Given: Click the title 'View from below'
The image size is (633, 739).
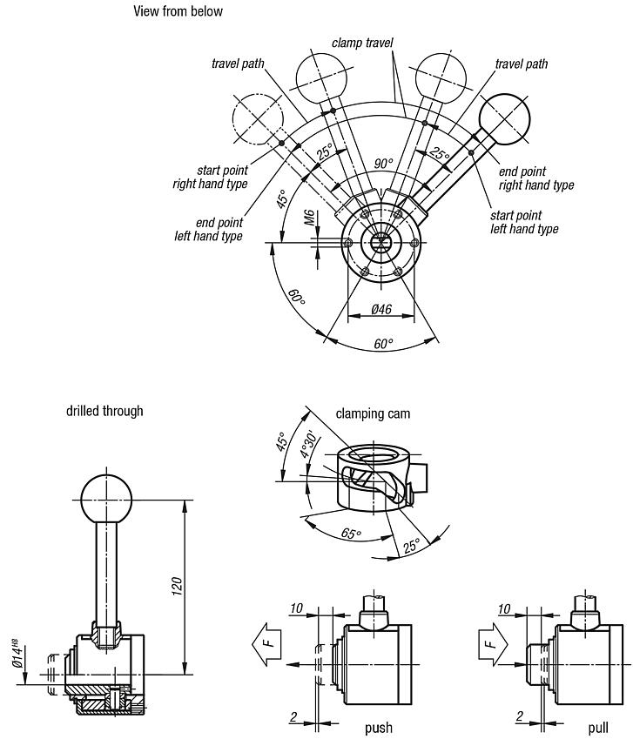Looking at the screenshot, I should click(x=178, y=11).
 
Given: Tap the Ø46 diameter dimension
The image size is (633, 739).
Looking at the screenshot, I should click(x=380, y=309).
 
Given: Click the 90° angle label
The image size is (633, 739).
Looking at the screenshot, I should click(x=384, y=164).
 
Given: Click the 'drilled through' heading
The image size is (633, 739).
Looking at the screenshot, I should click(x=104, y=410).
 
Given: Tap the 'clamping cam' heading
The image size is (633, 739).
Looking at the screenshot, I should click(x=373, y=413).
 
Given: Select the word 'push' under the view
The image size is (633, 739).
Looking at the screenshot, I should click(x=379, y=727).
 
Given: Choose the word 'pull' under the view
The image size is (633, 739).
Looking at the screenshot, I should click(x=598, y=727).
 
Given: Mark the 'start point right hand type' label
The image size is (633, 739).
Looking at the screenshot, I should click(x=210, y=177).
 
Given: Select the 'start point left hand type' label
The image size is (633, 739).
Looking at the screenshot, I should click(x=524, y=222).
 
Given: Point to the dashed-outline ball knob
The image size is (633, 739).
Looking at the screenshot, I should click(x=259, y=118).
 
